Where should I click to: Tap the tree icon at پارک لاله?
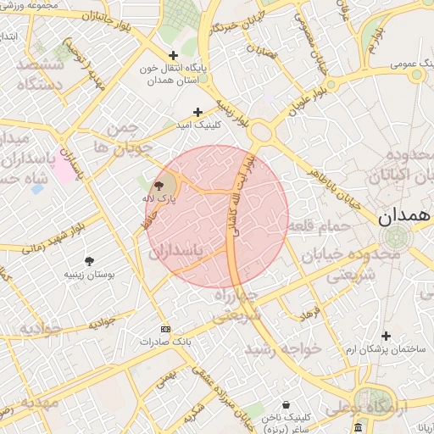(x=159, y=186)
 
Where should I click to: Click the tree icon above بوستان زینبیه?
(x=90, y=261)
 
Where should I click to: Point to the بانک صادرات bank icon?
(x=165, y=329)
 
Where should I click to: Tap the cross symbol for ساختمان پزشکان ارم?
(x=387, y=336)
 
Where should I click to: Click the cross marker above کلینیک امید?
(x=198, y=112)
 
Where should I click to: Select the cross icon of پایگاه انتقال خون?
(x=173, y=55)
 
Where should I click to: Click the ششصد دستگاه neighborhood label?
(x=35, y=75)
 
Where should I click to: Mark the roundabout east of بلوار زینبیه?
(x=261, y=131)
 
